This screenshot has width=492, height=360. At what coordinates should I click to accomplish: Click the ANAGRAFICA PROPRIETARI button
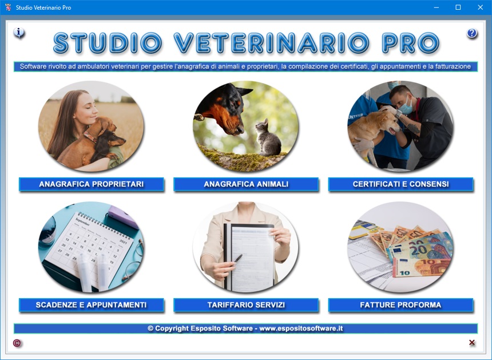coord(92,184)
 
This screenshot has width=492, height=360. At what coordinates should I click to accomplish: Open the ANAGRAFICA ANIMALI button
coord(246,184)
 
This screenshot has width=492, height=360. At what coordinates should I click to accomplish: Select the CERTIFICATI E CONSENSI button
coord(400,184)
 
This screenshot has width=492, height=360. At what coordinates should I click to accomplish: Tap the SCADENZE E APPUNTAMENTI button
coord(92,305)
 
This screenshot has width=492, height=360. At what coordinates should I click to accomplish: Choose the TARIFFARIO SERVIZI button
coord(246,305)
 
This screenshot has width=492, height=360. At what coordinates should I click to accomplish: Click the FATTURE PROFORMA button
coord(400,305)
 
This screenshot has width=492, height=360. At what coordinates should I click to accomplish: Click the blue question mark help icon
coord(471,33)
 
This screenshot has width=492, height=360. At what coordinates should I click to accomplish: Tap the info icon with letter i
coord(19,32)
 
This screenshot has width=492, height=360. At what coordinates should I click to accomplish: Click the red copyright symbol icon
coord(17,343)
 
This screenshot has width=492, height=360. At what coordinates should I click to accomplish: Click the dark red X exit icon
coord(471,342)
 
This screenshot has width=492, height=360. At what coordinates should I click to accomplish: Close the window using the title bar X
coord(480,7)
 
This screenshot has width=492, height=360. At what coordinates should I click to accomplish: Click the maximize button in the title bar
coord(458,7)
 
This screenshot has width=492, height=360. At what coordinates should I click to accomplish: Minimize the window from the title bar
coord(436,7)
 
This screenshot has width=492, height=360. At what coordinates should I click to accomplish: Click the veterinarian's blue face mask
coord(406,106)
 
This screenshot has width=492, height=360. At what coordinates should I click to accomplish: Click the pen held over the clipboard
coord(238,258)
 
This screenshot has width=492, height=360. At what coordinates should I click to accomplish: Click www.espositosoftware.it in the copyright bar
coord(301,329)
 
